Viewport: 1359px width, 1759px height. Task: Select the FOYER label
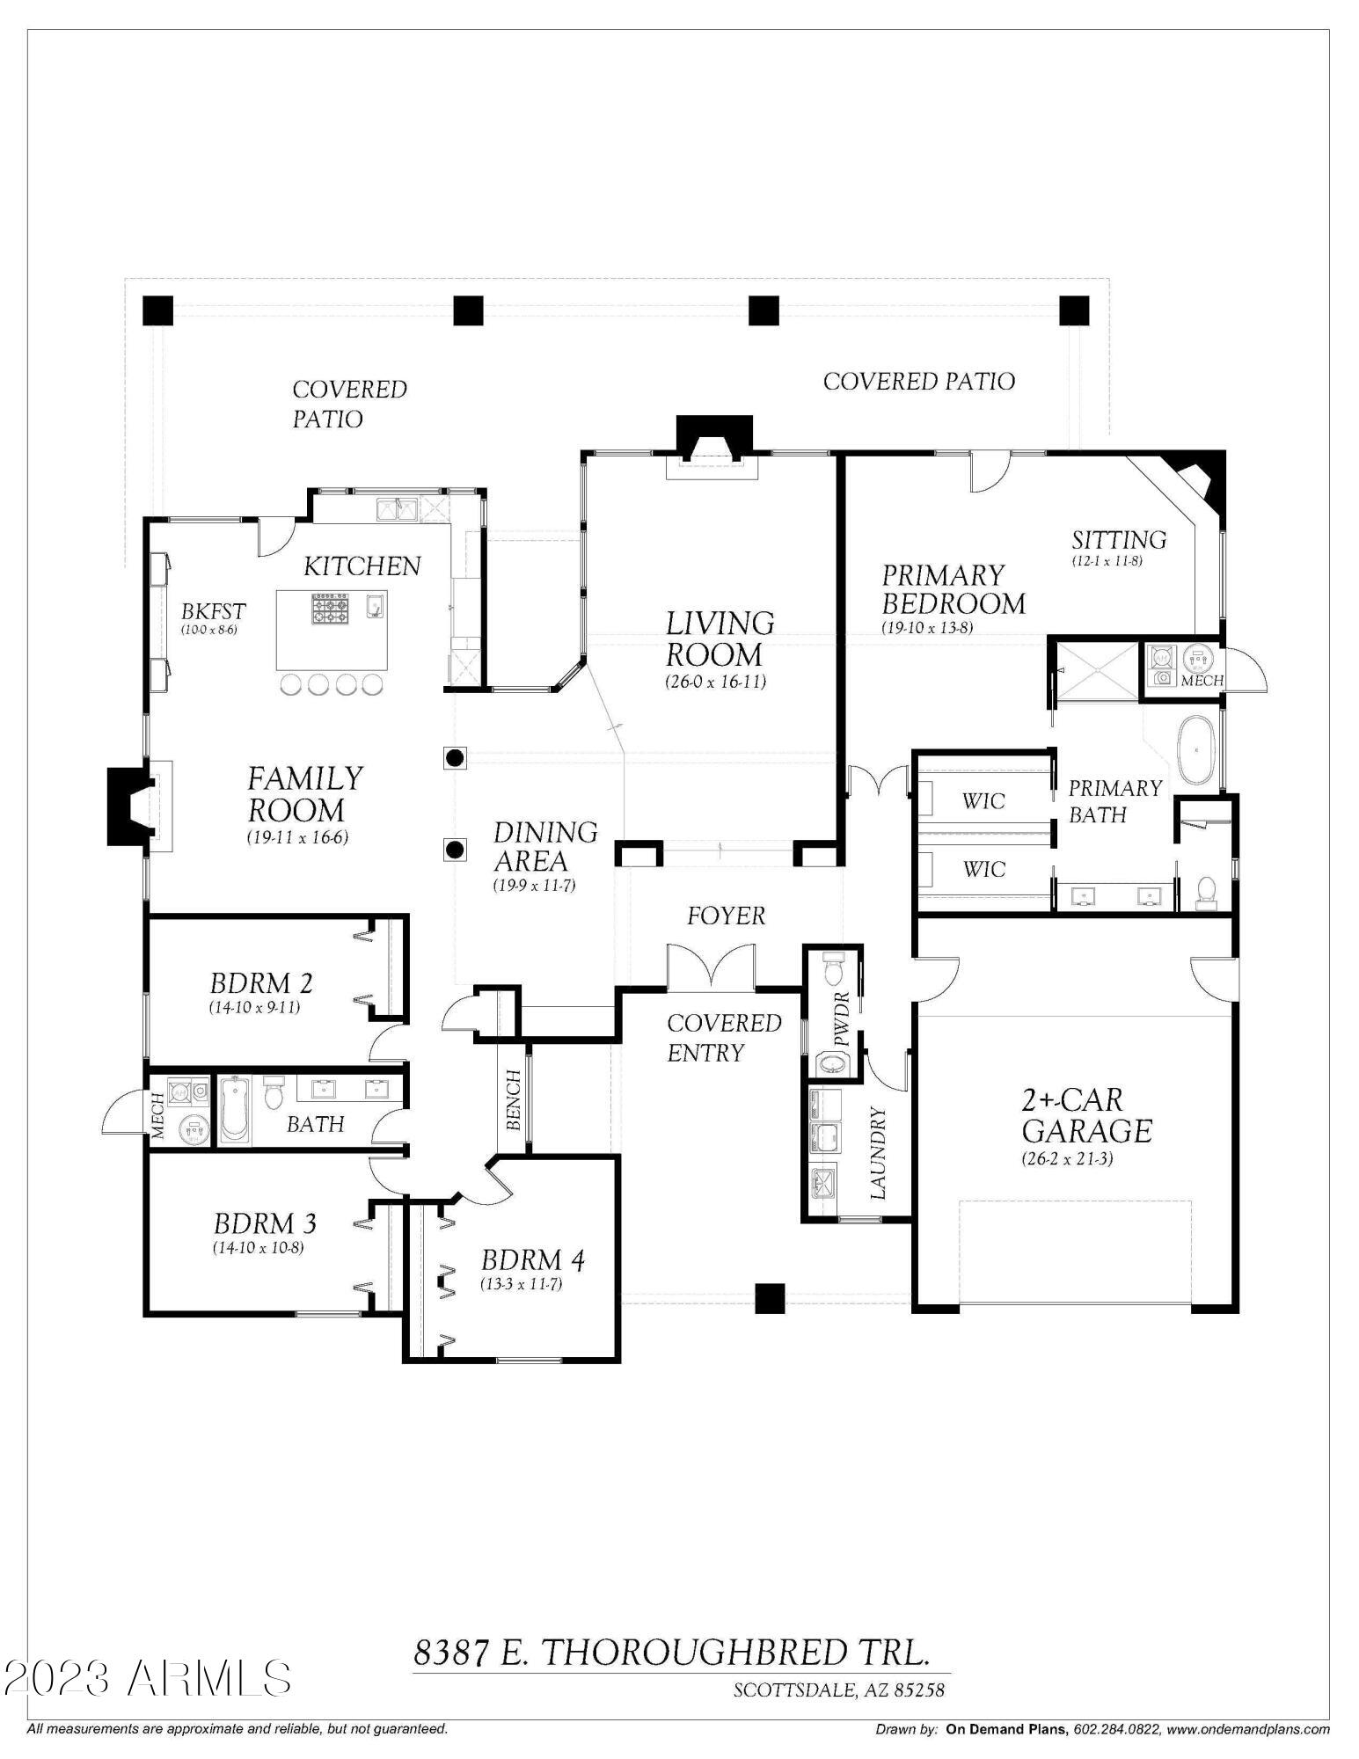[726, 916]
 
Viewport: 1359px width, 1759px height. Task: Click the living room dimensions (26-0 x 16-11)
[715, 682]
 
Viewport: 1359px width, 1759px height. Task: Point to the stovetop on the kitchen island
[330, 608]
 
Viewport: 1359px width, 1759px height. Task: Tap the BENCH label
[514, 1099]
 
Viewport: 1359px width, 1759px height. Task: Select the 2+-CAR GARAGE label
[1086, 1115]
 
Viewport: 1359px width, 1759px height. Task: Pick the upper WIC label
[983, 800]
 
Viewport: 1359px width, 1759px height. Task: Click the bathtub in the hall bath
[235, 1111]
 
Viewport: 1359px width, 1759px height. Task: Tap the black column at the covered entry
[770, 1298]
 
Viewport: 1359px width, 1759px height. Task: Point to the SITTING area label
[1119, 539]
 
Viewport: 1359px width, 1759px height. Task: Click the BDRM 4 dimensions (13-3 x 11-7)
[521, 1284]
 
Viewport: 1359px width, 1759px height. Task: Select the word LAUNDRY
[878, 1154]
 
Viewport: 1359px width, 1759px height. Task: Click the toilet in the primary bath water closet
[1207, 892]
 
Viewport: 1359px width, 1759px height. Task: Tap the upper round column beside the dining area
[455, 758]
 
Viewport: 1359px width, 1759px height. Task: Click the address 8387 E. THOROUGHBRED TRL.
[671, 1653]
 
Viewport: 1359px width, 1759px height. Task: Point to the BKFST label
[213, 610]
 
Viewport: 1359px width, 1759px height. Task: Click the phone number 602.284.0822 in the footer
[1114, 1729]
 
